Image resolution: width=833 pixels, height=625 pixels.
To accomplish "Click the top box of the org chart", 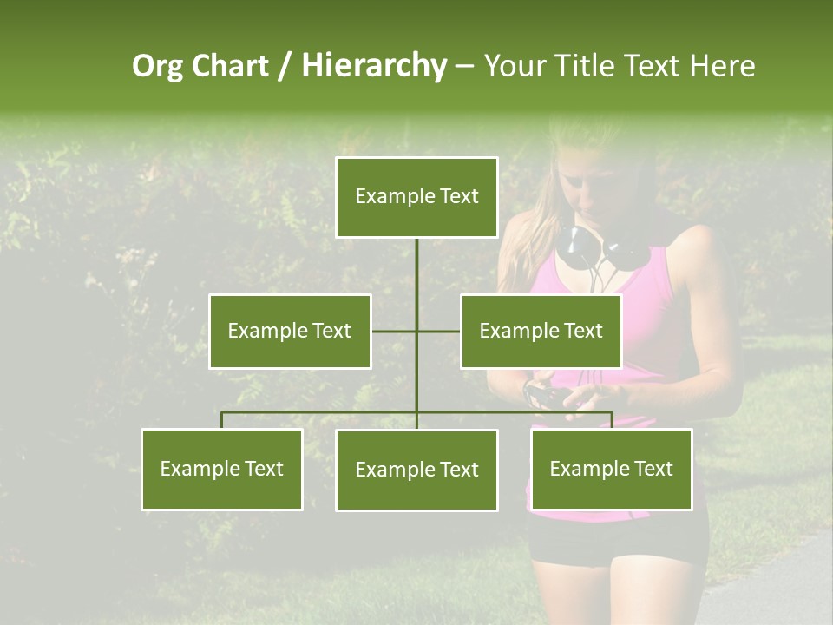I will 416,197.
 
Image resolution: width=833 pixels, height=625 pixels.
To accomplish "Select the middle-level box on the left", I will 290,331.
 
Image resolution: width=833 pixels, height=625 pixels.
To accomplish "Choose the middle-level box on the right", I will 541,331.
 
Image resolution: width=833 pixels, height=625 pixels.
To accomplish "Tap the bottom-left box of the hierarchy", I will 222,469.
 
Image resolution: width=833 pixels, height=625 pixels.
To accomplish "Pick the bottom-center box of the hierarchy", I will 416,470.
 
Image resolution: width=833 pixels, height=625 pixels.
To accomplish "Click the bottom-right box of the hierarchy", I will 612,469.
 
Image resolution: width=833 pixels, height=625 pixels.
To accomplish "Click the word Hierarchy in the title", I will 374,66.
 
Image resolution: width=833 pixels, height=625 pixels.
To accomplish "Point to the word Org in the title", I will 157,66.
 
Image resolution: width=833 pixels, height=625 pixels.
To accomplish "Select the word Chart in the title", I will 230,66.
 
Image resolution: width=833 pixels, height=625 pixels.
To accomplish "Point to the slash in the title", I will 285,66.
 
